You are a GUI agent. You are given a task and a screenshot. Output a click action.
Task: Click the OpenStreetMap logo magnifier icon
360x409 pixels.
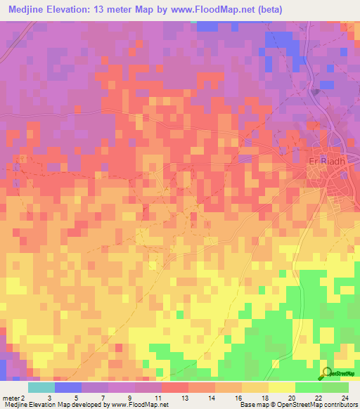[327, 373]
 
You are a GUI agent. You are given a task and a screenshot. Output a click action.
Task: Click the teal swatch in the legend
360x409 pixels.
[41, 387]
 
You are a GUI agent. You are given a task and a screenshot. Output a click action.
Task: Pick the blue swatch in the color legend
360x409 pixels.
[67, 387]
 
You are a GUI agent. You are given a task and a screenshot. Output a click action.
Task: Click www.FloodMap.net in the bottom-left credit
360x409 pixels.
[138, 405]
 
